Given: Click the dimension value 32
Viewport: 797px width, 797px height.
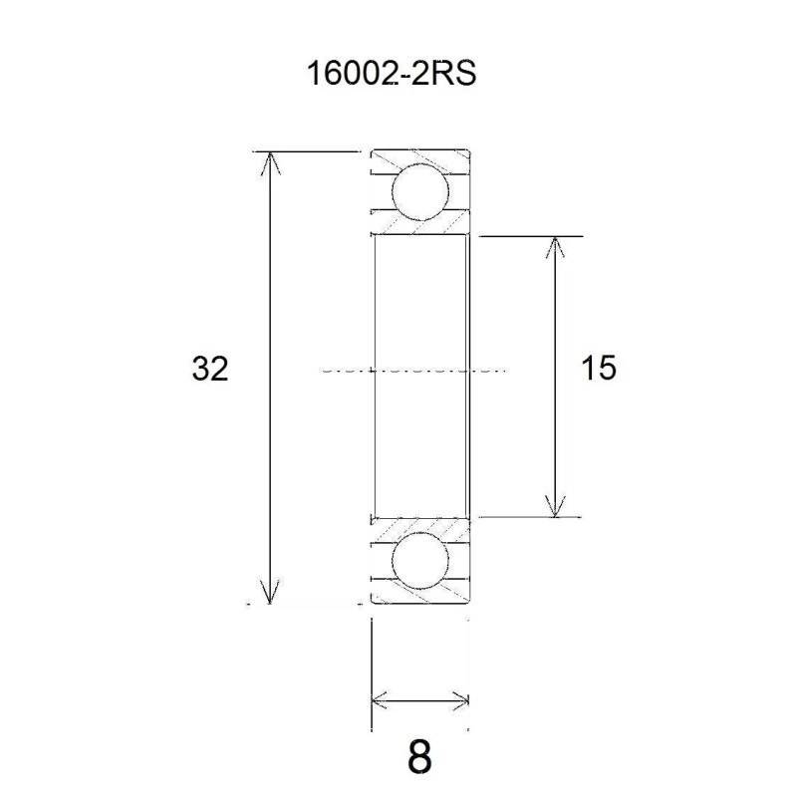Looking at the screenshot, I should [x=210, y=370].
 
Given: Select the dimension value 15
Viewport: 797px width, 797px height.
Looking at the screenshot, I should [x=598, y=369].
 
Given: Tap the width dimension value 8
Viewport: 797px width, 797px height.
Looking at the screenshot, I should [x=420, y=757].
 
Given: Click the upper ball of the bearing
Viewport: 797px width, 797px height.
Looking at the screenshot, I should [x=417, y=193].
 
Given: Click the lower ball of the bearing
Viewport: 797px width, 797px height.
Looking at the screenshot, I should [x=417, y=562].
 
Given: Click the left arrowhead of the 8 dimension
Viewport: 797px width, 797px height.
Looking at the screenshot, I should [x=380, y=699].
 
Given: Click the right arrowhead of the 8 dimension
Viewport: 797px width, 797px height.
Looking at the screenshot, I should [x=459, y=699].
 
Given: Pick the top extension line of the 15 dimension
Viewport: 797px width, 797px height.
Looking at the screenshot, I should [x=528, y=236].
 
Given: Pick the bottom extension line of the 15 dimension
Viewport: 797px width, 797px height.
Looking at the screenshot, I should [x=528, y=518].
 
